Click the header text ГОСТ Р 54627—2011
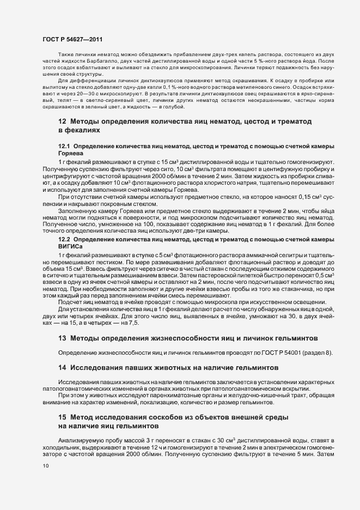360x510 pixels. pyautogui.click(x=70, y=40)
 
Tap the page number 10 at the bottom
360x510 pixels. pyautogui.click(x=46, y=466)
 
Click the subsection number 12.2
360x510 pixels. pyautogui.click(x=64, y=239)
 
